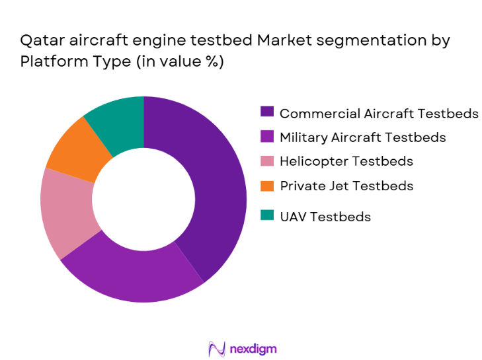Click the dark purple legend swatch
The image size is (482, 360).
pyautogui.click(x=267, y=113)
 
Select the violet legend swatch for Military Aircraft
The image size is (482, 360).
pyautogui.click(x=267, y=137)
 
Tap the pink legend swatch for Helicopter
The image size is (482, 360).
pyautogui.click(x=267, y=161)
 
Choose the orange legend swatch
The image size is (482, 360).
pyautogui.click(x=267, y=186)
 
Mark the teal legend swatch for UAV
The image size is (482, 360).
pyautogui.click(x=267, y=216)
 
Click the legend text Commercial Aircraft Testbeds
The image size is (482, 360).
pyautogui.click(x=379, y=113)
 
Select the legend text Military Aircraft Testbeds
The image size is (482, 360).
pyautogui.click(x=363, y=137)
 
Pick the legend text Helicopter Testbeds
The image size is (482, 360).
pyautogui.click(x=346, y=161)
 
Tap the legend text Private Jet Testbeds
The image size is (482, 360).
pyautogui.click(x=346, y=186)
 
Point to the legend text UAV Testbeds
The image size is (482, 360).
pyautogui.click(x=325, y=216)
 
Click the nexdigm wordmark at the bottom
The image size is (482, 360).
pyautogui.click(x=254, y=348)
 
